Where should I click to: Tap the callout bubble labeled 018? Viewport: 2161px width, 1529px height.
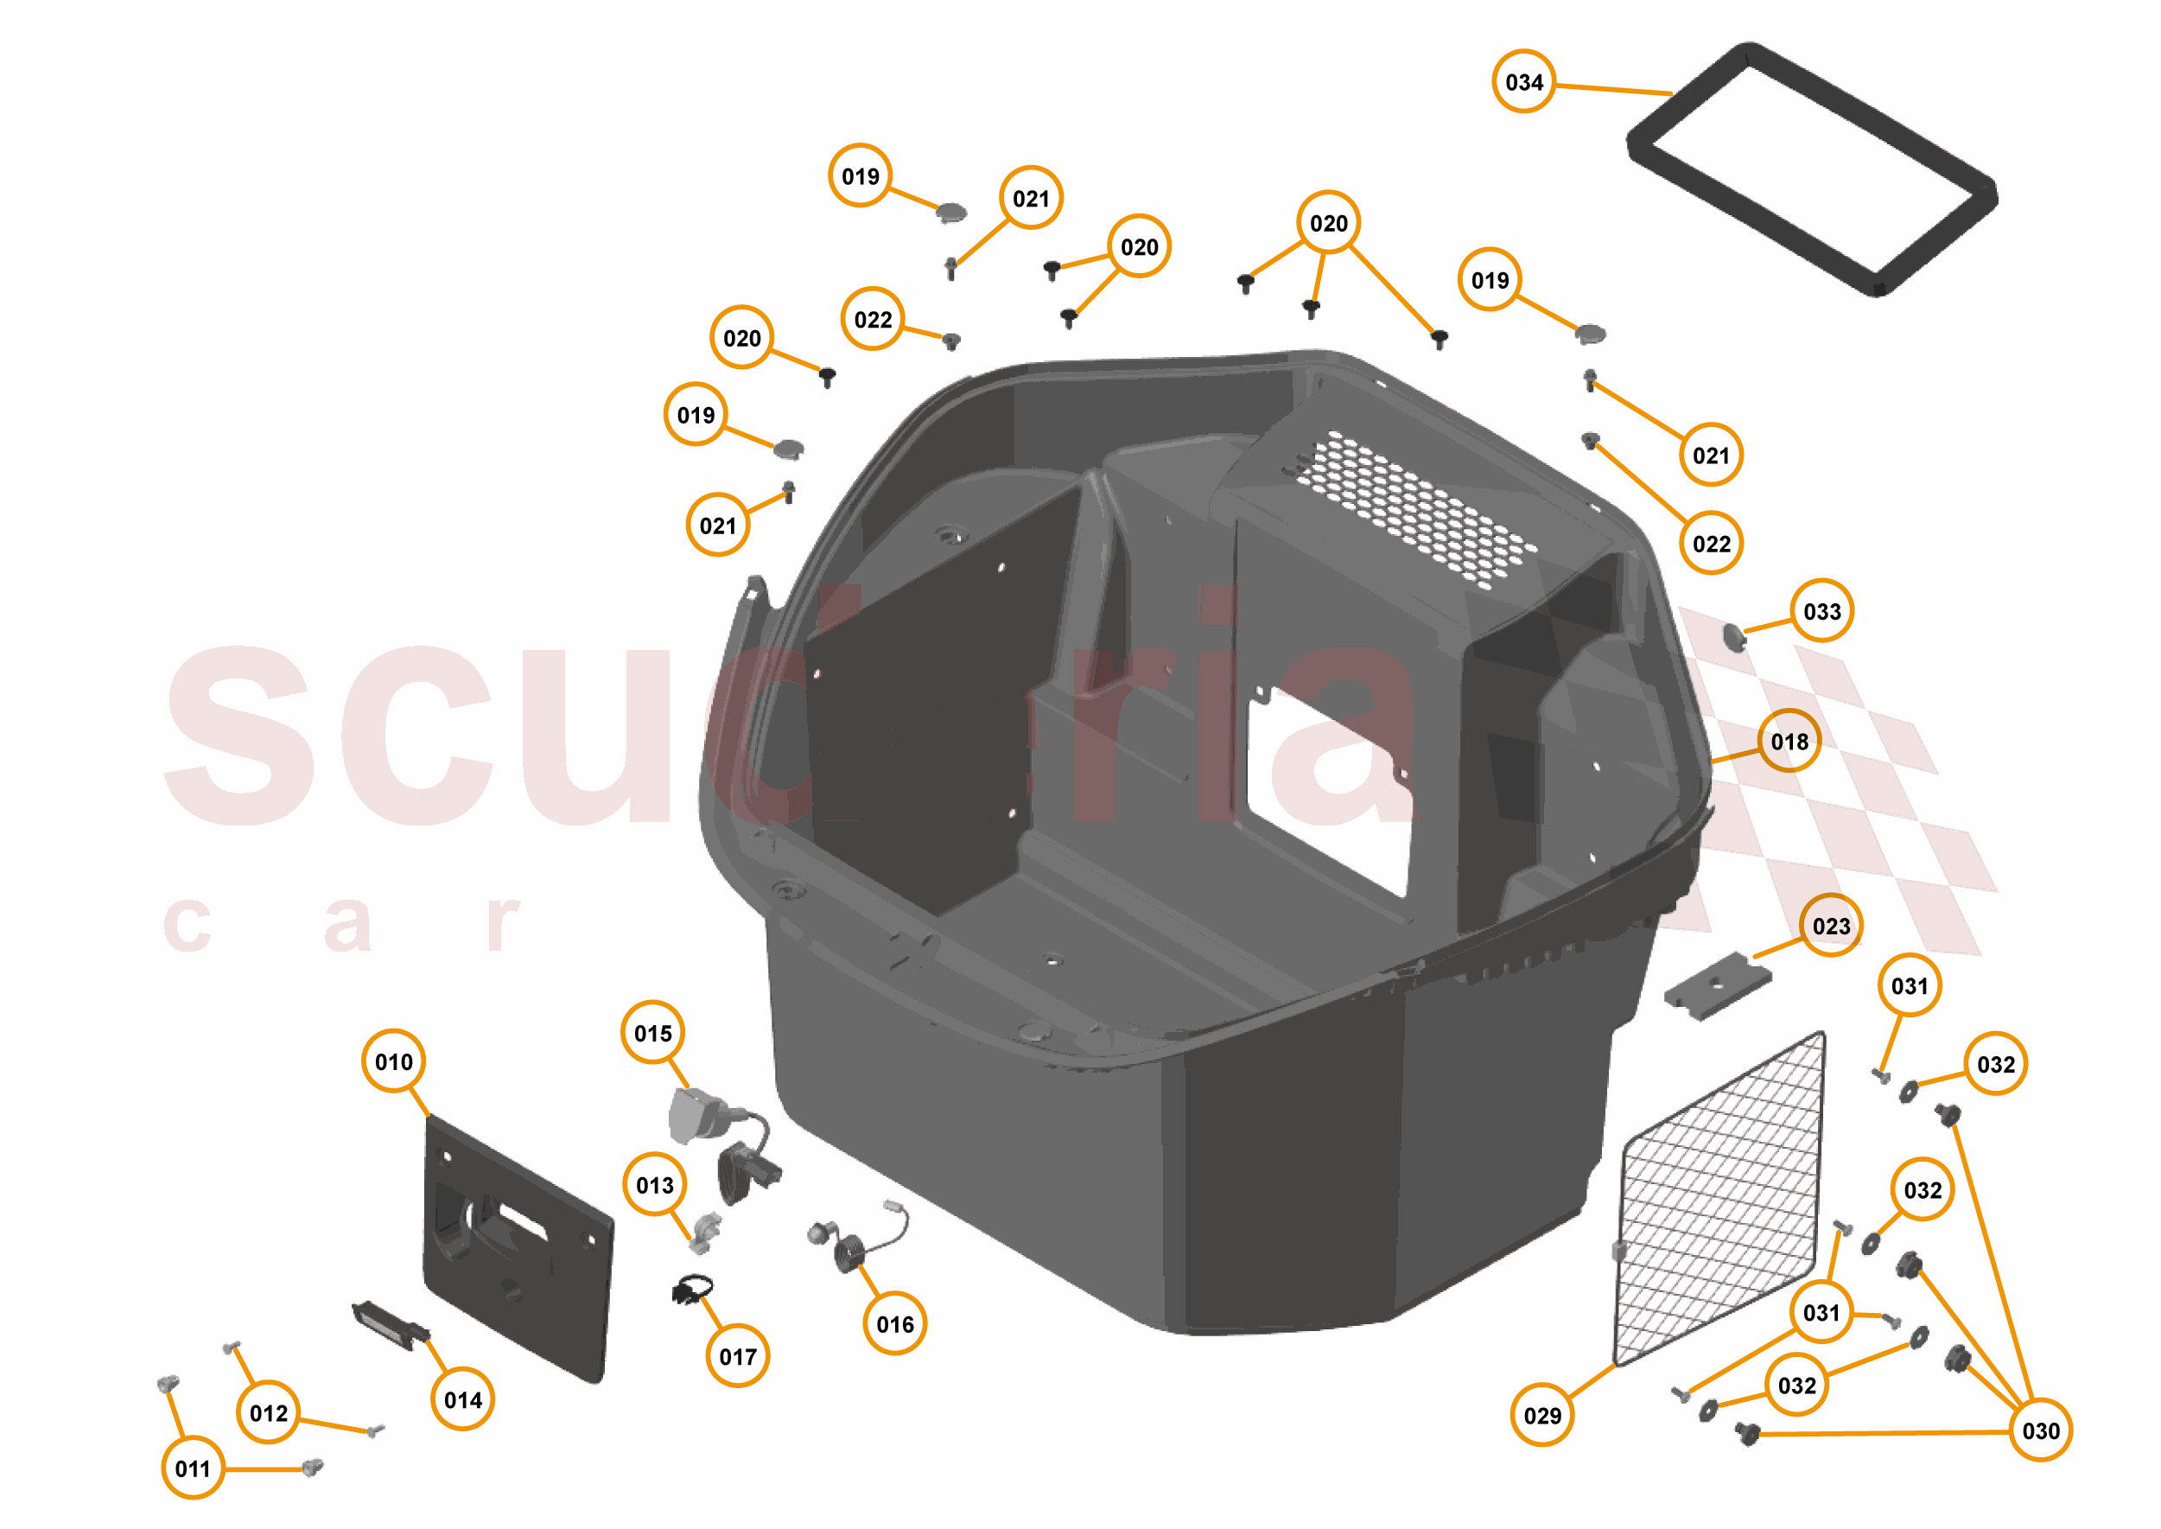1789,742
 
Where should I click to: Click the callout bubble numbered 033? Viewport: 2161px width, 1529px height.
1821,611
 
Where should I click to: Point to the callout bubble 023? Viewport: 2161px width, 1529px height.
1831,927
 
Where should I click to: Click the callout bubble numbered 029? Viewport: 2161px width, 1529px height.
1541,1415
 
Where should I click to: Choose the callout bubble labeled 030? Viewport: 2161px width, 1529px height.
2041,1431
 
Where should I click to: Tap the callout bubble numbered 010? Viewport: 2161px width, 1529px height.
393,1062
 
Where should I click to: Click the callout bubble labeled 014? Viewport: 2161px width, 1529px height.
462,1400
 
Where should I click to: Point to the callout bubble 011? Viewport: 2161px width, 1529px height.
193,1468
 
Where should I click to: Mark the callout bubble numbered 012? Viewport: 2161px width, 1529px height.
268,1413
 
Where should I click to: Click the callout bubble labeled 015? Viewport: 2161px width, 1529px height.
652,1034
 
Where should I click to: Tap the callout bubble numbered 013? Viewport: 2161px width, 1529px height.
654,1185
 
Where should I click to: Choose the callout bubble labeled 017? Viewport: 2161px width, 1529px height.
737,1357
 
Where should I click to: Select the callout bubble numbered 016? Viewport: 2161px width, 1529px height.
894,1325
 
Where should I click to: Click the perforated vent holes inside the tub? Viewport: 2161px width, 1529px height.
1412,508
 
